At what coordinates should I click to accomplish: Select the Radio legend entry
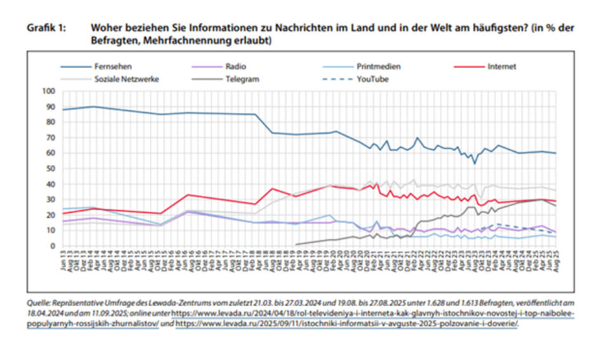pos(235,66)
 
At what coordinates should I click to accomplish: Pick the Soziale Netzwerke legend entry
pos(126,79)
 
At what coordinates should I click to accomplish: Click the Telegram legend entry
pos(241,79)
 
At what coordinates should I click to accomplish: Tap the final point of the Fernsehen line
pos(556,153)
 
